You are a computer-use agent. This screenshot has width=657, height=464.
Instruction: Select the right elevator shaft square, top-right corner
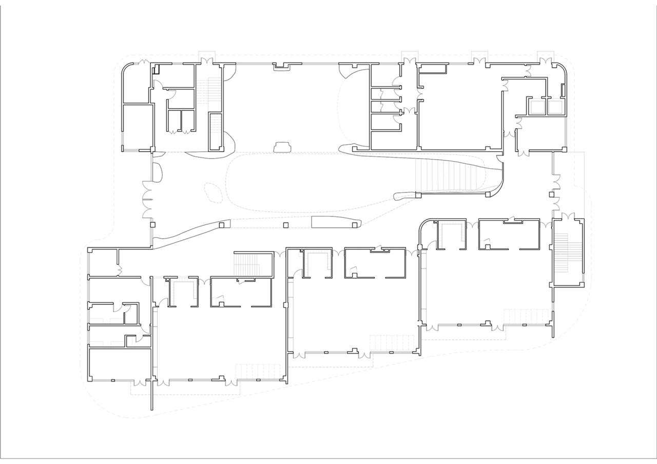click(x=563, y=100)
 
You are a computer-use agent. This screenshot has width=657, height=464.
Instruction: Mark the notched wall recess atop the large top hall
click(x=281, y=65)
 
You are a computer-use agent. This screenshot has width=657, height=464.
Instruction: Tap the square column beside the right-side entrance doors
click(x=552, y=195)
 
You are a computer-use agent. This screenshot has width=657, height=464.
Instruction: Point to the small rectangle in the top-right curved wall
click(x=563, y=90)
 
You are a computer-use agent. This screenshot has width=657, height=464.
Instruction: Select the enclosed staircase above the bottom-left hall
click(x=252, y=264)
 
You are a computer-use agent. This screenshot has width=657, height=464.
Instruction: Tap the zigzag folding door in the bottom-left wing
click(x=119, y=269)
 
